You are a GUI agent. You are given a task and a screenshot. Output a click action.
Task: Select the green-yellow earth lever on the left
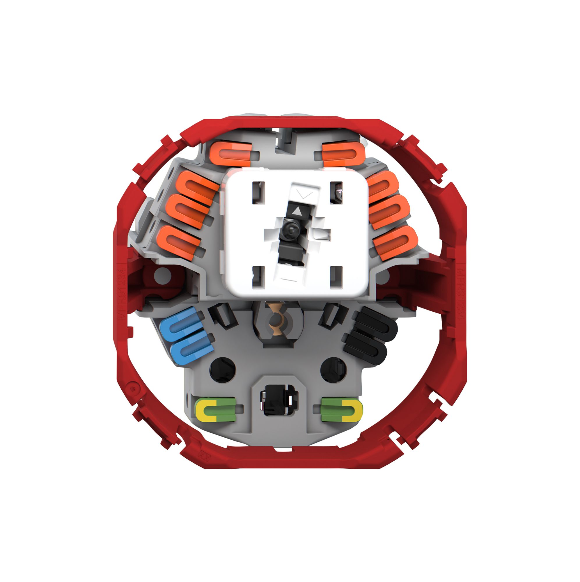[x=215, y=409]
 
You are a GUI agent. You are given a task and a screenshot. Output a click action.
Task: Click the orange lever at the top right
[x=340, y=154]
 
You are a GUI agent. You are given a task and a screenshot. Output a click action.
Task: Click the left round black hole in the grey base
[x=222, y=370]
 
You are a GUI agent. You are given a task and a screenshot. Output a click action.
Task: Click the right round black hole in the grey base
[x=334, y=370]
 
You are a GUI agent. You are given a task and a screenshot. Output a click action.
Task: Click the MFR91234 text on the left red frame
[x=122, y=291]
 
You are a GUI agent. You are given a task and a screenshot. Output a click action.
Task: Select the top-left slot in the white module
[x=258, y=193]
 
